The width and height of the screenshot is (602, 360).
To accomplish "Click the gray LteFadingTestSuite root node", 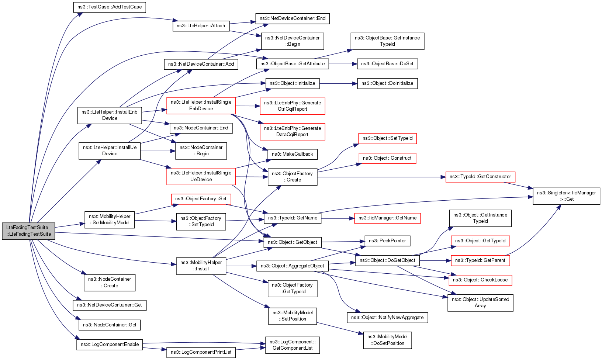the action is coord(28,231).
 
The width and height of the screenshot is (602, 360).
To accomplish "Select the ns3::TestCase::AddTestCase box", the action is coord(110,7).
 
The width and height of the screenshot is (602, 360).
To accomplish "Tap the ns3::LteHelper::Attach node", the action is coord(201,26).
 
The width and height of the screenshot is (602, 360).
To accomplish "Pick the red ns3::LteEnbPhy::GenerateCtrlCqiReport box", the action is coord(293,106).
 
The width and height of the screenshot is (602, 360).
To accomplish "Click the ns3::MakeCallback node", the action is coord(293,154).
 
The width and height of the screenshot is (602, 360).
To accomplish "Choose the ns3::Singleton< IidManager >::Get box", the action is coord(567,196).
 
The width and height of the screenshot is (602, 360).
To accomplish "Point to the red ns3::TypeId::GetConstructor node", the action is coord(480,177).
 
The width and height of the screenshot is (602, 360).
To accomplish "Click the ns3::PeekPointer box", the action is coord(387,241).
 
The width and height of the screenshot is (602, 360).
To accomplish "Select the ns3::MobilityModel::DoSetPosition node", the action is coord(387,340).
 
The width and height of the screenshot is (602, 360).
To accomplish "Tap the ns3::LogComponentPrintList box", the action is coord(201,352).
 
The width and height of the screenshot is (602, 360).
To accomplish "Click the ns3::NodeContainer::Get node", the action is coord(110,325).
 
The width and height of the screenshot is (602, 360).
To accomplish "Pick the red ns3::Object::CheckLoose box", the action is coord(480,280).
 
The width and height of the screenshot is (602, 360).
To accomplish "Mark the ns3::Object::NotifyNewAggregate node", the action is coord(387,318).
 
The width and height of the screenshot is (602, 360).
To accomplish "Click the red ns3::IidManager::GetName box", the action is coord(387,218).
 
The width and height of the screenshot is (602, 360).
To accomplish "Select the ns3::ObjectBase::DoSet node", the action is coord(387,64).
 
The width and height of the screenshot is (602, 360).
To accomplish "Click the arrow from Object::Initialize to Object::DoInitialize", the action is coord(338,84).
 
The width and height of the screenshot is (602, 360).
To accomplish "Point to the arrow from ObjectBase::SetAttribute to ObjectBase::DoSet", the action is coord(343,64).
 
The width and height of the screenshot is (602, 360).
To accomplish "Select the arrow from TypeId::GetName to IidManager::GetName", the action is coord(338,218).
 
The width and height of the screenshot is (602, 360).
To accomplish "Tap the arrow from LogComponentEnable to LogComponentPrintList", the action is coord(155,349).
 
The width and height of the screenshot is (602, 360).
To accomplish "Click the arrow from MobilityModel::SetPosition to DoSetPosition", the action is coord(340,328).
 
